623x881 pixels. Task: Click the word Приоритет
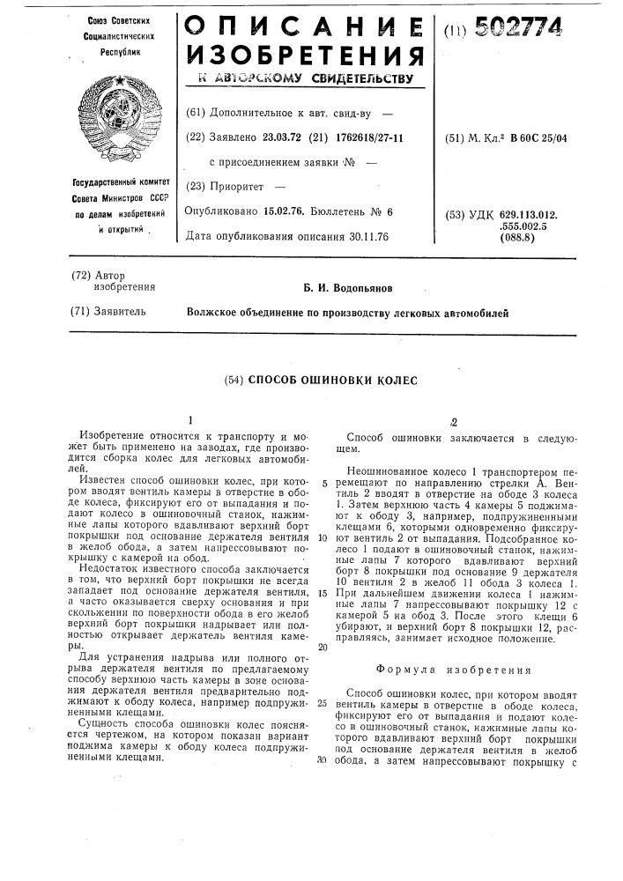pos(241,187)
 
